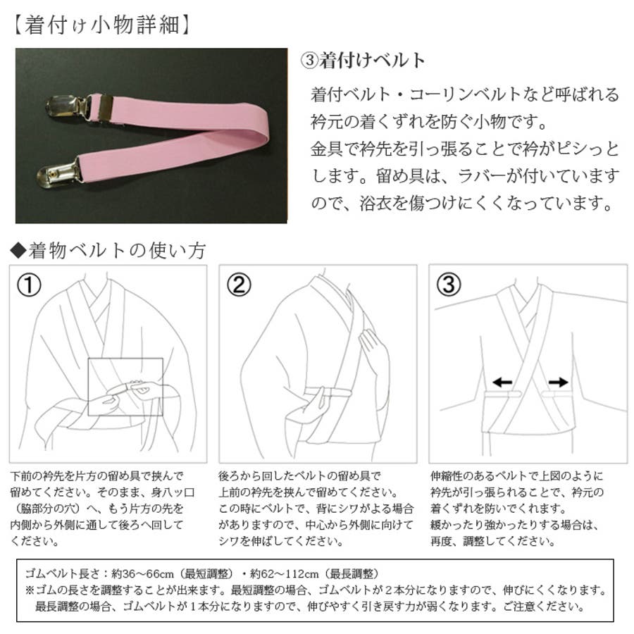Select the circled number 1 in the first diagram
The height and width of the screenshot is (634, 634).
pyautogui.click(x=29, y=285)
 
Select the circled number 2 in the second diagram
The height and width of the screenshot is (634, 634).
pyautogui.click(x=239, y=285)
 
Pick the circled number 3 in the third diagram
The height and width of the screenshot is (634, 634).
pyautogui.click(x=449, y=285)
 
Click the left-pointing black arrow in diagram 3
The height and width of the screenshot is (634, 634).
pyautogui.click(x=502, y=382)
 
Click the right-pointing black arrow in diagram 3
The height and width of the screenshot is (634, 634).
pyautogui.click(x=559, y=382)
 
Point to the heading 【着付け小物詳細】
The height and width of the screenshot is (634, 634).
pyautogui.click(x=101, y=25)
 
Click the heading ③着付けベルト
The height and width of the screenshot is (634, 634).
pyautogui.click(x=363, y=61)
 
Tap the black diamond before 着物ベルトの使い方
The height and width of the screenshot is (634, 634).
pyautogui.click(x=18, y=251)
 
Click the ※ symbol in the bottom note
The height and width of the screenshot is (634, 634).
pyautogui.click(x=30, y=590)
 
